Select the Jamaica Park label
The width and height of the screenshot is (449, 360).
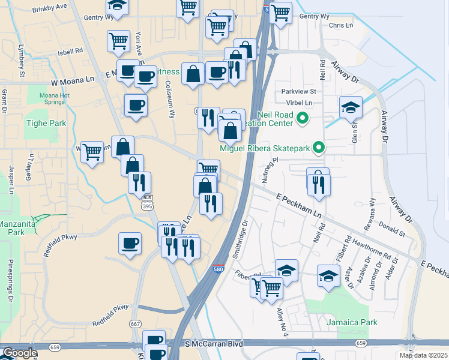[352, 322]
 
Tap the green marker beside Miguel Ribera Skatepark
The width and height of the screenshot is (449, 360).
[320, 147]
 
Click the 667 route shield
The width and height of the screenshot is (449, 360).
[136, 325]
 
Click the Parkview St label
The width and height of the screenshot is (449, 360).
[298, 92]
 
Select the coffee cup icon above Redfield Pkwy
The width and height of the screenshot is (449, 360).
[130, 244]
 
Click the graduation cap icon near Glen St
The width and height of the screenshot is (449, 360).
[351, 107]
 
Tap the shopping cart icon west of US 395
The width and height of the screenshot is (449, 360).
[92, 152]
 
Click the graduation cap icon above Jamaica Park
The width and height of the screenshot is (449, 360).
[328, 275]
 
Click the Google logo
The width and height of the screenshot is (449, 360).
[19, 353]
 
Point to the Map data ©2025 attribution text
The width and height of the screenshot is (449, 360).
[423, 355]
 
